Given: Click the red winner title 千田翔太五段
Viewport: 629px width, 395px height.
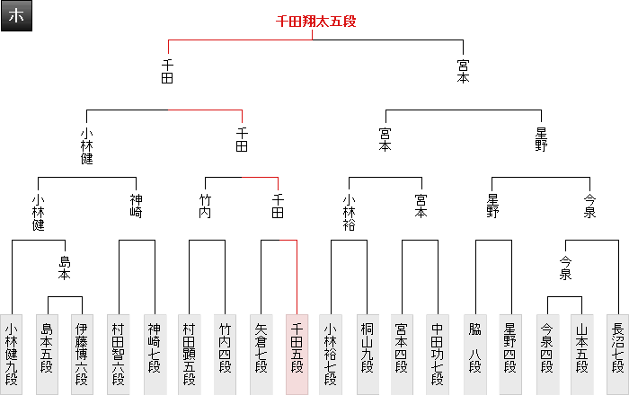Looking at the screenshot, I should pos(315,22).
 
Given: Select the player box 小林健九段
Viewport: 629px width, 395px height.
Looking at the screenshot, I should pos(13,355).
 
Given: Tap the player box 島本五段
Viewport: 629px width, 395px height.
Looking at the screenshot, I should pos(48,355).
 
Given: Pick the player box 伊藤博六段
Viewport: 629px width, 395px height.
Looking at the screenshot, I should pos(83,355).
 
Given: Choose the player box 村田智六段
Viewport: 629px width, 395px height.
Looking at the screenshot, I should pos(119,355).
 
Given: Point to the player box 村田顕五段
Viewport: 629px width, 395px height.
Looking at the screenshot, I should pos(190,355).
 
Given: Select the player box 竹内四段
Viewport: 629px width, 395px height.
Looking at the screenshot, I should pos(226,355).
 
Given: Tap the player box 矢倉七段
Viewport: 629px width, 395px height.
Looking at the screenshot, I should pos(261,355).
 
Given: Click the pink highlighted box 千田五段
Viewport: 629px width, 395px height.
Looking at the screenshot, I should pos(297,355).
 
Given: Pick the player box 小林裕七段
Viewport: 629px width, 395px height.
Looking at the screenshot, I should pos(332,355).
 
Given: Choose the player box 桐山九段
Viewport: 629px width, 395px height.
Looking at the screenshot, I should pos(368,355).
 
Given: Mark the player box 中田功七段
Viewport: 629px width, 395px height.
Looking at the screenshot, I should pos(438,355).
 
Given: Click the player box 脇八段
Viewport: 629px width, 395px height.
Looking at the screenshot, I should pos(474,355).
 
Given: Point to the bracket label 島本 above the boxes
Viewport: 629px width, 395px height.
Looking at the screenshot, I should pos(65,268).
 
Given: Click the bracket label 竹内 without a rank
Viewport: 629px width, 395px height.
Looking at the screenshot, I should pos(207,206).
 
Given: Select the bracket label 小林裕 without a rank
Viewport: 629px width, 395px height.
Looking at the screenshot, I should pos(350,213).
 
